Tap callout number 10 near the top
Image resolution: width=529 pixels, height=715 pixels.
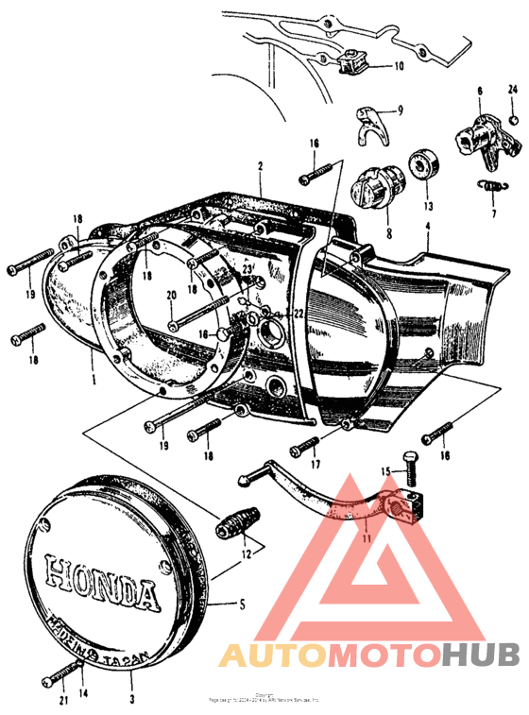[x=398, y=66]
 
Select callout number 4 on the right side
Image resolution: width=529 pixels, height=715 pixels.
[x=427, y=227]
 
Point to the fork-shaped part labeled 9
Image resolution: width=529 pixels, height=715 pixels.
[x=370, y=120]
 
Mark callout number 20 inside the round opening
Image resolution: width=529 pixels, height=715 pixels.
[x=171, y=297]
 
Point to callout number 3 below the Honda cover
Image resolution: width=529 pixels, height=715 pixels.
[x=131, y=700]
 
